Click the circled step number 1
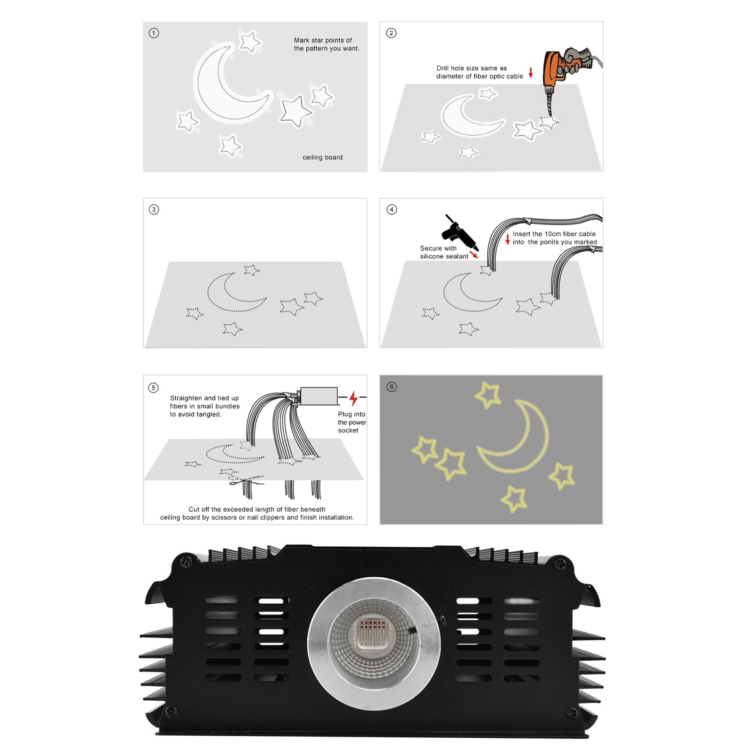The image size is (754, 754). tap(154, 33)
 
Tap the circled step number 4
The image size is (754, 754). tap(392, 209)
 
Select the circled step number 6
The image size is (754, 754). tap(392, 387)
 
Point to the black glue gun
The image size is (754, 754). tap(459, 233)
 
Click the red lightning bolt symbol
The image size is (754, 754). tap(353, 398)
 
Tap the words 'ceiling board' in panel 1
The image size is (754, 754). tap(322, 157)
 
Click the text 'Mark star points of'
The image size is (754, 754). tap(323, 40)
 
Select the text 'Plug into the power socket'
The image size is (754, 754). tap(352, 422)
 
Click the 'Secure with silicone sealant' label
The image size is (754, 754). tap(444, 252)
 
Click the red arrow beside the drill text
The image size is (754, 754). tap(531, 73)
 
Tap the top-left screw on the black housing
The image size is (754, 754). tap(183, 561)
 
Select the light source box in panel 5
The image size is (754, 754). tap(319, 396)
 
